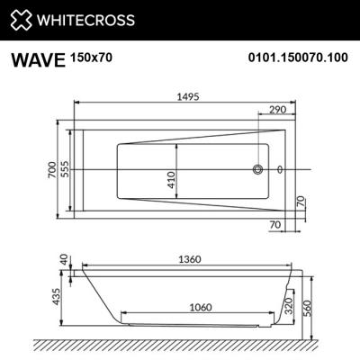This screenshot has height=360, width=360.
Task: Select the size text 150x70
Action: click(x=92, y=57)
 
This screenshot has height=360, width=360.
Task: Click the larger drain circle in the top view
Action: click(x=259, y=169)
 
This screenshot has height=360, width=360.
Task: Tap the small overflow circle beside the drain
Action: click(x=279, y=169)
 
